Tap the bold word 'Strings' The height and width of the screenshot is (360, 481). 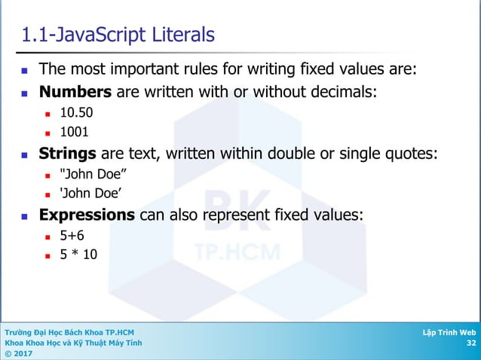point(67,154)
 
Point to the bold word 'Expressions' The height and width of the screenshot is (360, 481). point(87,215)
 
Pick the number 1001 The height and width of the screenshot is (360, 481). point(74,132)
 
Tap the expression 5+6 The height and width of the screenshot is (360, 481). point(72,236)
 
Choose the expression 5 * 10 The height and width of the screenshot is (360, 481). point(78,255)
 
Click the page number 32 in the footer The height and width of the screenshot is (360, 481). point(471,343)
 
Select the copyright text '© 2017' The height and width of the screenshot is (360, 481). point(19,354)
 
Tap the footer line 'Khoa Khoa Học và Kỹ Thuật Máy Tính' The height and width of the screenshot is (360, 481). point(73,343)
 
